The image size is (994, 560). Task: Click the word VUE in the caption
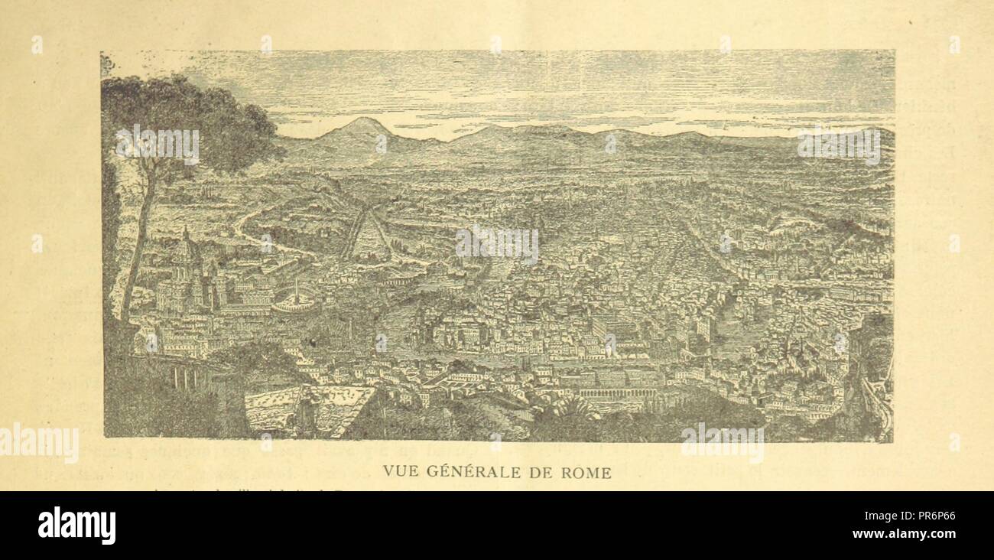coord(398,473)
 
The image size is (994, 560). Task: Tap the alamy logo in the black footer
coord(76,526)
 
